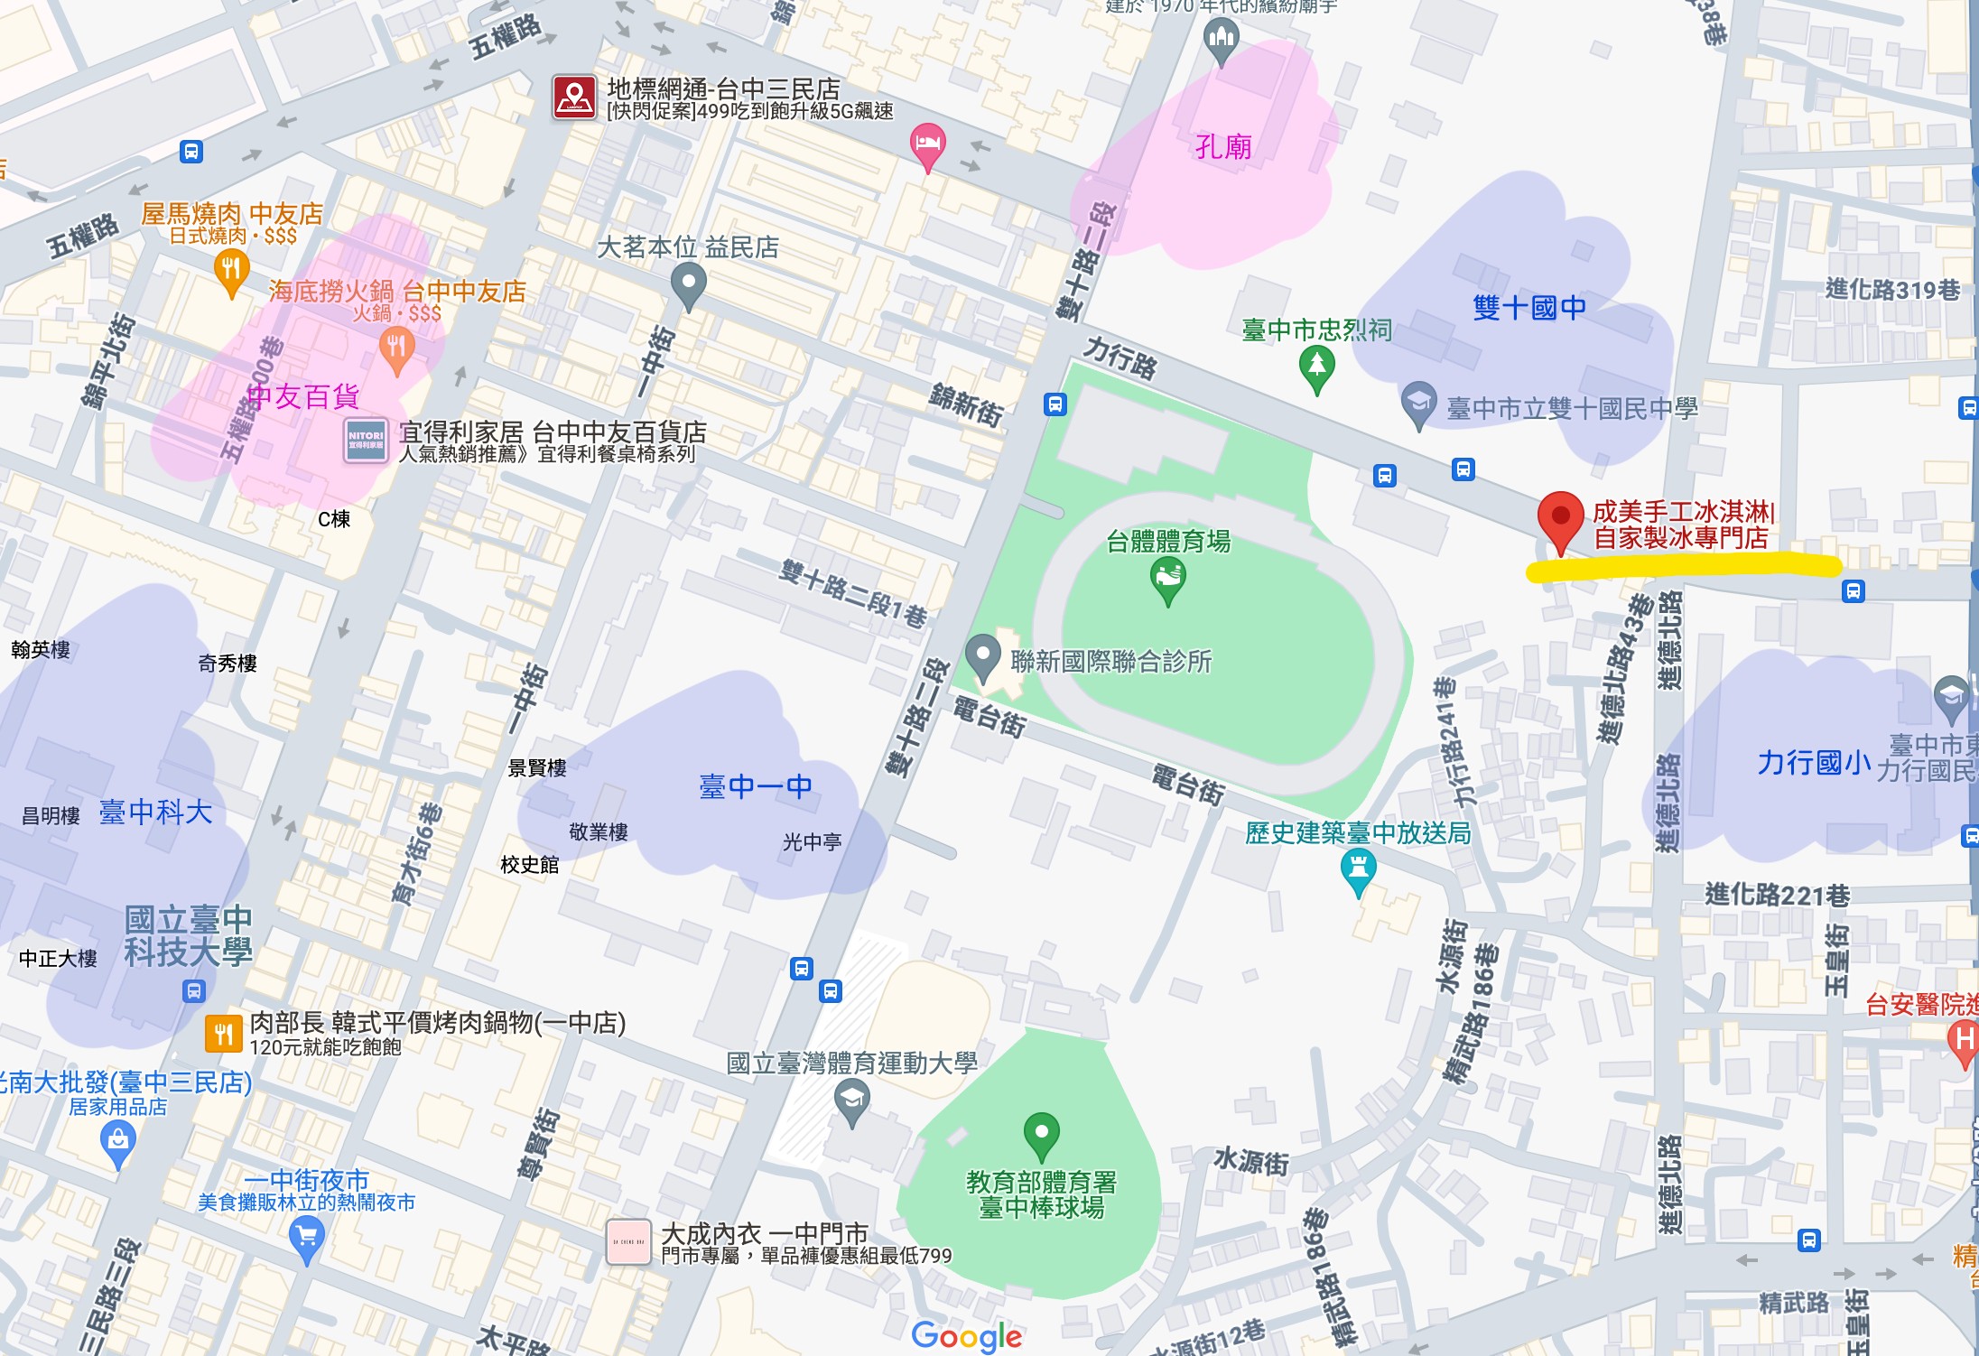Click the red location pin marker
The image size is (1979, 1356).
tap(1559, 519)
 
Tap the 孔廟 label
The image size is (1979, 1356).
tap(1222, 146)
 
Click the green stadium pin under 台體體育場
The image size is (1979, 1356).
tap(1167, 578)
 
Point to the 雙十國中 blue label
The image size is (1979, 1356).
tap(1528, 308)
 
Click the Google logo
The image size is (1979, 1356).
tap(966, 1335)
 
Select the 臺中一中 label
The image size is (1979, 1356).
tap(756, 786)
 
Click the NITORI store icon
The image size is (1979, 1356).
tap(366, 441)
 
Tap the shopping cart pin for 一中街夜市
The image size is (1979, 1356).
tap(306, 1236)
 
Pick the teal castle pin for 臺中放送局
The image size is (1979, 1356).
tap(1358, 870)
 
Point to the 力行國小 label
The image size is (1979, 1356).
tap(1813, 763)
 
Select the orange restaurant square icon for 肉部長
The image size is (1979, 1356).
tap(224, 1034)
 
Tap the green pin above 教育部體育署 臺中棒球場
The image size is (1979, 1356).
tap(1041, 1133)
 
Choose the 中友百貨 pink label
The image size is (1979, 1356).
tap(303, 396)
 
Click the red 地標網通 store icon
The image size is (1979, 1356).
tap(574, 98)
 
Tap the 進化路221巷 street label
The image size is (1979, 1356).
tap(1777, 895)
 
